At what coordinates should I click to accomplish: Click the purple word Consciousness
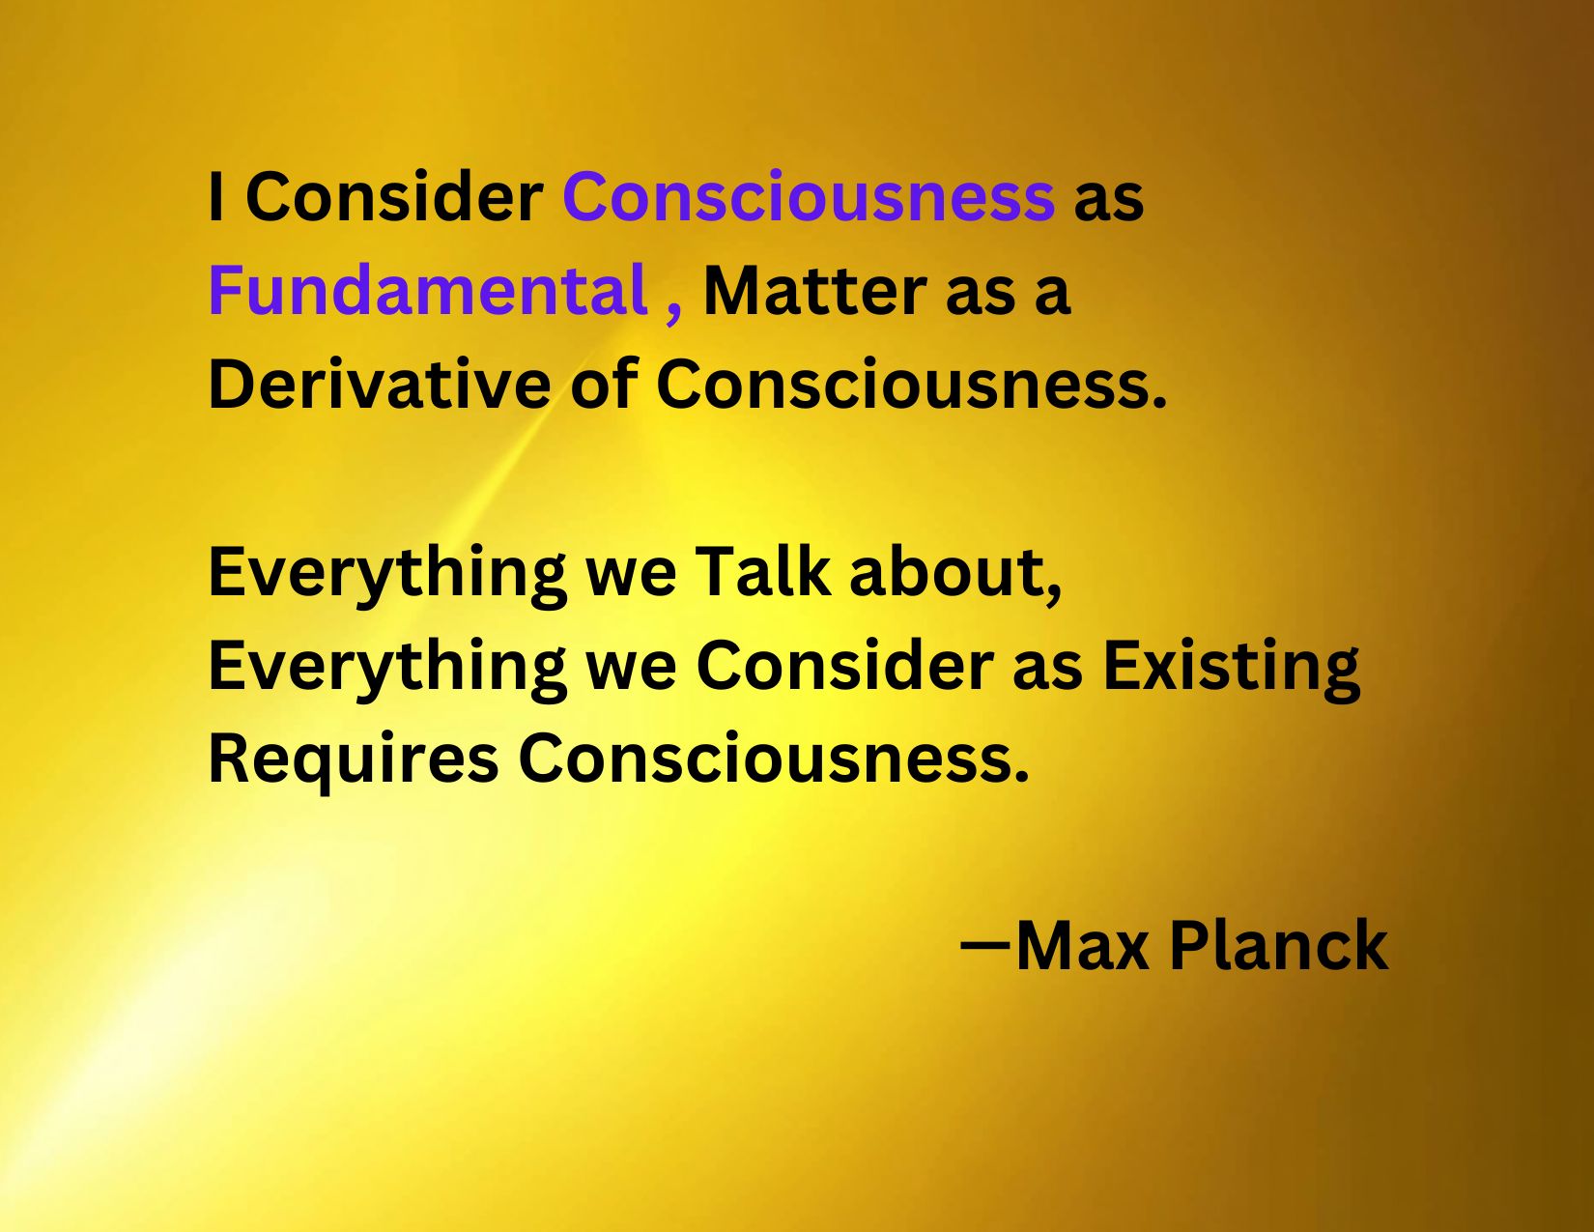tap(808, 197)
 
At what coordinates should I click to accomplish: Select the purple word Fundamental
tap(427, 291)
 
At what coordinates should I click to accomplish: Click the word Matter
tap(814, 291)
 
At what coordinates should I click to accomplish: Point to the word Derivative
tap(379, 385)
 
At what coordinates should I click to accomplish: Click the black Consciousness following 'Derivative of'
tap(910, 385)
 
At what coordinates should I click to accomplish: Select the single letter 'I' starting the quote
tap(216, 197)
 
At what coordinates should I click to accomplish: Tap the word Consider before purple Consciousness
tap(394, 197)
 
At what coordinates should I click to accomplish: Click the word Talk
tap(762, 571)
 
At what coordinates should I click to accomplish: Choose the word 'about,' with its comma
tap(954, 573)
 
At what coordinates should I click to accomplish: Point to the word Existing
tap(1231, 667)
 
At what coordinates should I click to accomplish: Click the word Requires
tap(354, 759)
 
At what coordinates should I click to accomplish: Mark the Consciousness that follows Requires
tap(773, 759)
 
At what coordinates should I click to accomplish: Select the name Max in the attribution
tap(1082, 945)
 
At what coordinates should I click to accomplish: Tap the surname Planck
tap(1278, 945)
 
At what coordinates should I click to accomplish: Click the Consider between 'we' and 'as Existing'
tap(844, 666)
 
